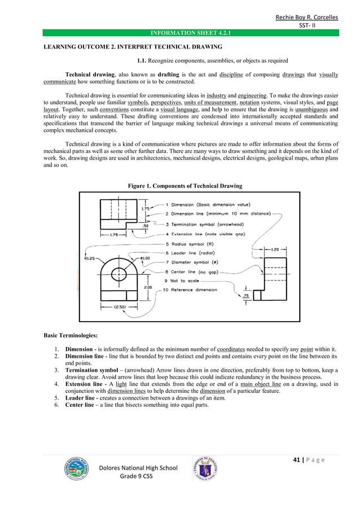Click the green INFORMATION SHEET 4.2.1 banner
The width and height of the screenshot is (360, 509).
click(191, 33)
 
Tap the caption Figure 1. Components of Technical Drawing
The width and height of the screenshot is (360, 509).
click(185, 186)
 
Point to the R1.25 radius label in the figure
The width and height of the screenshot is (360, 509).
click(89, 258)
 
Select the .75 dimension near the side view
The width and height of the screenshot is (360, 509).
click(245, 296)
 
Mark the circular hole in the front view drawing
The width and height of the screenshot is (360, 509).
click(119, 274)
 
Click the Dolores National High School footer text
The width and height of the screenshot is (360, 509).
click(138, 468)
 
